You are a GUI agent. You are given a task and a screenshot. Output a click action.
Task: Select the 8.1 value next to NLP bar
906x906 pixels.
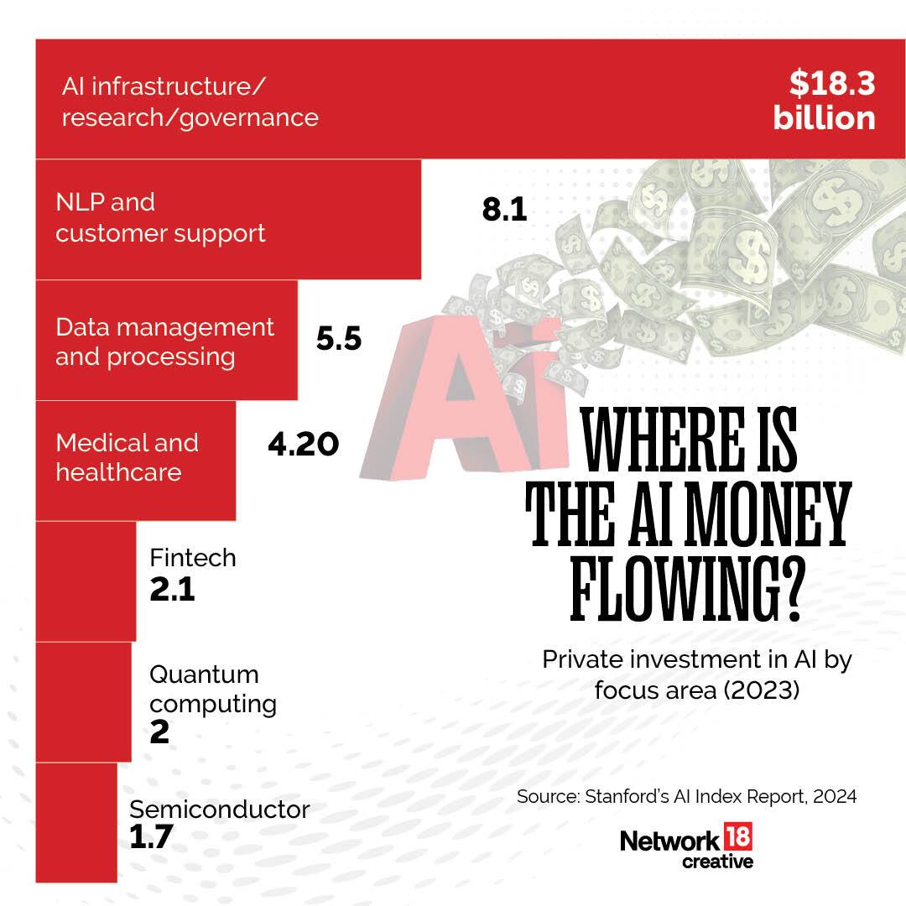504,210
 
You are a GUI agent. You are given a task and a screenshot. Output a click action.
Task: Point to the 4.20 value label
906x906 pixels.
303,444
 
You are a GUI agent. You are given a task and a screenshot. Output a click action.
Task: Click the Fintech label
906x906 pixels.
192,558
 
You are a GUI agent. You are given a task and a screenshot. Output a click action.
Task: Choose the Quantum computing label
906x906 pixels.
212,688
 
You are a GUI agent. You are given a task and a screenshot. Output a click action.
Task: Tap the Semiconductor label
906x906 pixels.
219,810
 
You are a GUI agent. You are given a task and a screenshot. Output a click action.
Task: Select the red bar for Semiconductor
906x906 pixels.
75,822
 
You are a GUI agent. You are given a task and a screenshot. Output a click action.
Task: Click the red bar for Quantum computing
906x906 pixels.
83,701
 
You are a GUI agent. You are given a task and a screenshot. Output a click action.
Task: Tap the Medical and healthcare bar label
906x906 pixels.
127,457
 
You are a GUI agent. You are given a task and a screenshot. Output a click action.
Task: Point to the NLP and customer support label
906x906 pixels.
160,217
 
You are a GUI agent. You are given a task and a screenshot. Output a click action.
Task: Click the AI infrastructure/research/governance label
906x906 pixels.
190,102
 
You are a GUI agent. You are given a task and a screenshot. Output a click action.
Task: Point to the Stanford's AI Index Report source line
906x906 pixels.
686,796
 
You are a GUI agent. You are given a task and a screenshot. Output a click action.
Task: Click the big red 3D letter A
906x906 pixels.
449,394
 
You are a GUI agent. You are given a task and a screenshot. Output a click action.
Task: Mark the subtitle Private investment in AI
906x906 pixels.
696,673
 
